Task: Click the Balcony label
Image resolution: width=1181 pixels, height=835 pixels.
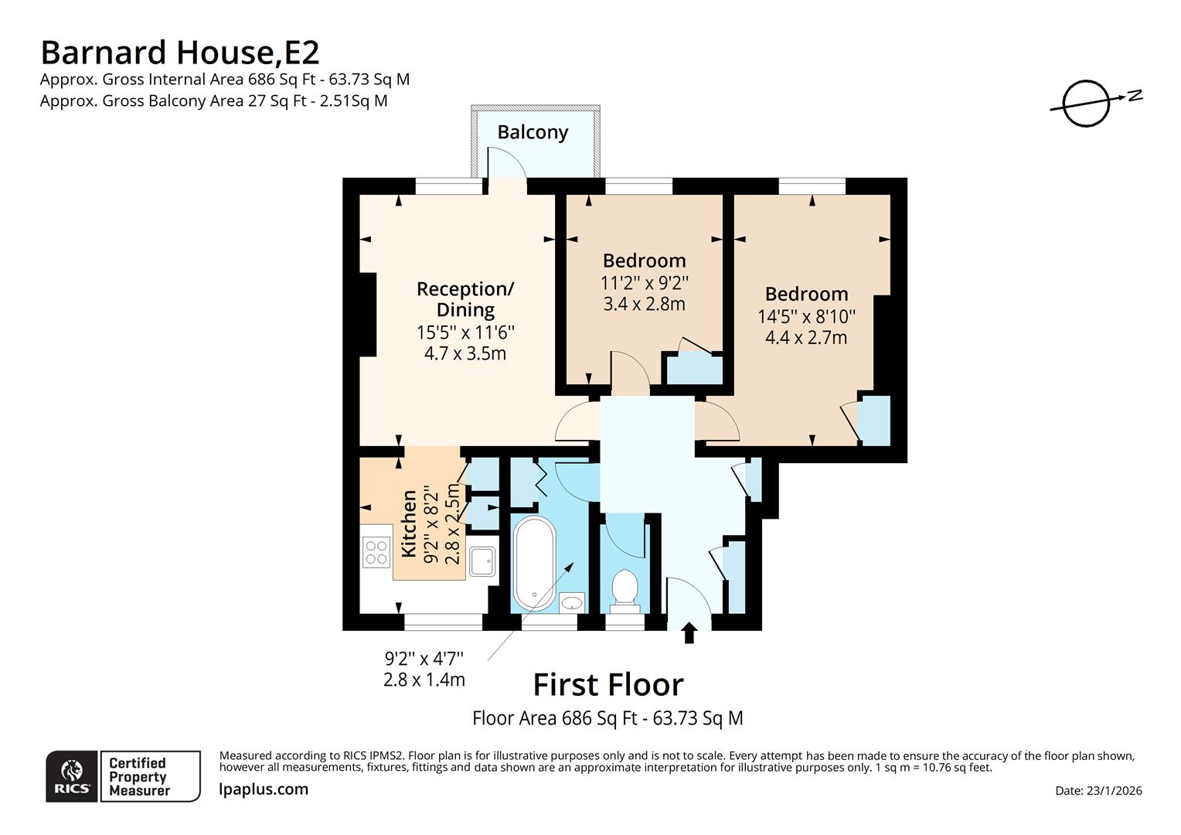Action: click(533, 132)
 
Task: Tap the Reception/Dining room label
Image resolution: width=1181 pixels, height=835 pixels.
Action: click(465, 299)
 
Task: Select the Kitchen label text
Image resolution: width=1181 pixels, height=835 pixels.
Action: click(409, 523)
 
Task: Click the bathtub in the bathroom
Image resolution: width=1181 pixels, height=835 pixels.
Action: click(534, 564)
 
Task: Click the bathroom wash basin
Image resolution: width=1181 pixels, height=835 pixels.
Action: click(572, 602)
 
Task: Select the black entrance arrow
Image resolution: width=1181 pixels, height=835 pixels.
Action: click(689, 633)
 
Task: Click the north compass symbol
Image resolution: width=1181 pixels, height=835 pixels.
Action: click(1087, 102)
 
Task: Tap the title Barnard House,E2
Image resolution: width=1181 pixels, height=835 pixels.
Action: click(179, 53)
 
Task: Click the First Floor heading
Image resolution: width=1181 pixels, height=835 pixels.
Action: click(608, 685)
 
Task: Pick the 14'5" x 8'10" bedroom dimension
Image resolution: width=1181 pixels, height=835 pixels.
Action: click(806, 316)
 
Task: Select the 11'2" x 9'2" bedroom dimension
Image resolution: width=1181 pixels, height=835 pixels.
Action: click(644, 283)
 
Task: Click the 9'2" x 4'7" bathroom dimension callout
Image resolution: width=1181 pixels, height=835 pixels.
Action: click(424, 669)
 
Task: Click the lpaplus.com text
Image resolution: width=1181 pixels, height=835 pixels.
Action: click(264, 789)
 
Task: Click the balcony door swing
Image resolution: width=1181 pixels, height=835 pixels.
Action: click(506, 162)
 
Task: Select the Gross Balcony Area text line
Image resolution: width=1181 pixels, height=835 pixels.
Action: click(214, 101)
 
